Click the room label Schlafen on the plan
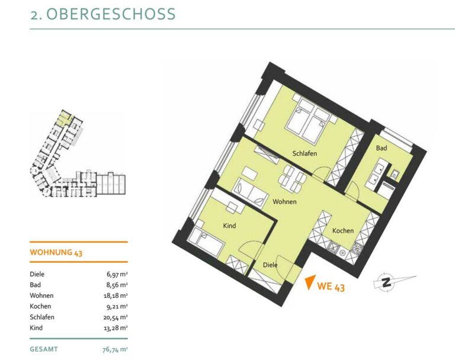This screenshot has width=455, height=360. coord(305,153)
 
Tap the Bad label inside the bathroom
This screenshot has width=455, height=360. coord(382,148)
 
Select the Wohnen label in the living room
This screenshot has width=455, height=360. coord(284,201)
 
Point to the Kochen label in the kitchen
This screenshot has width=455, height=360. coord(342,230)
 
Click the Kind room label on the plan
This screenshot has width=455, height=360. coord(229,226)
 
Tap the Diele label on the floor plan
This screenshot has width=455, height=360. coord(270,265)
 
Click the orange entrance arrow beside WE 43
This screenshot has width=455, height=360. coord(310,282)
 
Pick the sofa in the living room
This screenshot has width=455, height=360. coord(251,192)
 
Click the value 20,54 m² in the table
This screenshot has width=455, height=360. coord(116,317)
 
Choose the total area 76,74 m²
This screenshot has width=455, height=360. coord(115,349)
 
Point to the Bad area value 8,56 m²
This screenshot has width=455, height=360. coord(117,285)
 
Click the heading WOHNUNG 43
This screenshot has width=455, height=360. coord(56,252)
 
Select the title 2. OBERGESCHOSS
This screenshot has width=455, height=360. coord(103,14)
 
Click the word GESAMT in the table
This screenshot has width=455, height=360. coord(44,349)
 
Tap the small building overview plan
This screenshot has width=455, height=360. coord(78,154)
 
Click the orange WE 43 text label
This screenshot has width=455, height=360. coord(331,287)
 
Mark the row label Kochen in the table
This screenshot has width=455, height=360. coord(40,306)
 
